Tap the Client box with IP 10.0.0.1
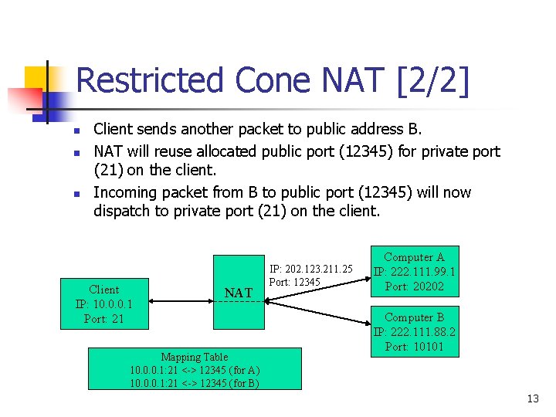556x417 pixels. pyautogui.click(x=104, y=304)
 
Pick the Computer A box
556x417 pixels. pyautogui.click(x=414, y=272)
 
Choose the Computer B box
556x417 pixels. pyautogui.click(x=414, y=332)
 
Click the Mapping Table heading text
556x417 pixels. pyautogui.click(x=194, y=357)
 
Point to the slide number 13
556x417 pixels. pyautogui.click(x=532, y=399)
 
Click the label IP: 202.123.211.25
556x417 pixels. pyautogui.click(x=310, y=269)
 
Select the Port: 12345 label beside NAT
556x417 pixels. pyautogui.click(x=294, y=282)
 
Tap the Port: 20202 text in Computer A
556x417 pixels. pyautogui.click(x=414, y=286)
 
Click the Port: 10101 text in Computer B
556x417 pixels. pyautogui.click(x=414, y=347)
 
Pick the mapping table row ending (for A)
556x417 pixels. pyautogui.click(x=195, y=370)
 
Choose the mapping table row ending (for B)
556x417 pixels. pyautogui.click(x=195, y=382)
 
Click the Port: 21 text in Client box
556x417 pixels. pyautogui.click(x=104, y=318)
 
